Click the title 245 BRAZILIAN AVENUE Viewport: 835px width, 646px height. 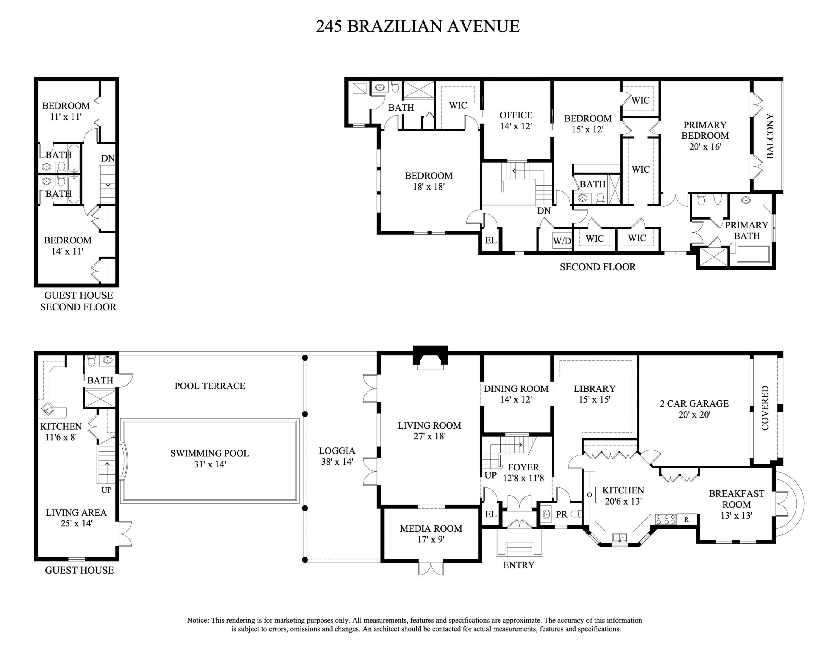coord(418,26)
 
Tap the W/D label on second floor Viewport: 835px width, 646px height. coord(562,241)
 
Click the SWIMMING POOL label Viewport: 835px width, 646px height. coord(209,458)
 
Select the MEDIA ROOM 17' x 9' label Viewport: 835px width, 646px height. coord(431,534)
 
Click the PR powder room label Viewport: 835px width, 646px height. coord(561,515)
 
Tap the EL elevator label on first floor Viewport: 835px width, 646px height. coord(491,514)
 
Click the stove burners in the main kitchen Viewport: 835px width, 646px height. coord(665,519)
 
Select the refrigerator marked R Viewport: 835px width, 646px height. coord(687,519)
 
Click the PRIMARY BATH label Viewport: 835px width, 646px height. coord(746,230)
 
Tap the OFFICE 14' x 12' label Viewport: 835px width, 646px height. coord(516,120)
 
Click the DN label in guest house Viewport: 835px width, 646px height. coord(108,158)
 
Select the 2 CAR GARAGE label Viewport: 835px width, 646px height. coord(694,409)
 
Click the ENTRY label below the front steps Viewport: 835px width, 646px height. coord(518,565)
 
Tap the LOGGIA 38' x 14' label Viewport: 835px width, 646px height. coord(337,456)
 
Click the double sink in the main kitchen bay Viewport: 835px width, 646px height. coord(619,538)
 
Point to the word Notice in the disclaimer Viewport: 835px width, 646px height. coord(198,620)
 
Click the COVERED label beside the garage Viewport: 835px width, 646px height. coord(765,408)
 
